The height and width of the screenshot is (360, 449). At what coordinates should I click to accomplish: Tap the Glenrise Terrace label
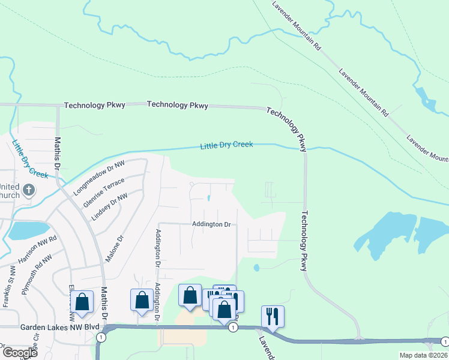[x=105, y=191]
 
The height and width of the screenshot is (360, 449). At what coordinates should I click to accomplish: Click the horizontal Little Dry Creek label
[x=226, y=145]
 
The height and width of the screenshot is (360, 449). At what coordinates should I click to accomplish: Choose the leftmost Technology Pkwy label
[x=95, y=105]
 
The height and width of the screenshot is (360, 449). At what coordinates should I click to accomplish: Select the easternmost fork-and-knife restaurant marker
[x=273, y=316]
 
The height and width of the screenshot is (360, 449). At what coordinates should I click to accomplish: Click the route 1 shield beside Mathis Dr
[x=101, y=338]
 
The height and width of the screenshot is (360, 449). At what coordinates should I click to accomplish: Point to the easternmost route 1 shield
[x=444, y=342]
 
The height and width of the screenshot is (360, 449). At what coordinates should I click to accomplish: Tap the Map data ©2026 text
[x=423, y=355]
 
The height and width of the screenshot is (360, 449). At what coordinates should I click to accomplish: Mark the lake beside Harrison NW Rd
[x=22, y=230]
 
